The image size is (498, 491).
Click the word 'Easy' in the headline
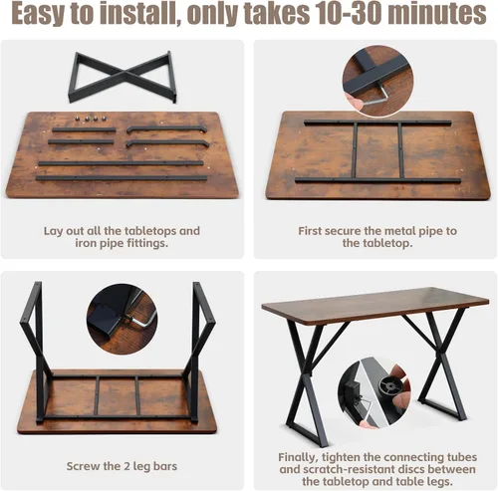pyautogui.click(x=36, y=15)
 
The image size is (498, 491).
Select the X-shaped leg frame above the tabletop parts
pyautogui.click(x=122, y=77)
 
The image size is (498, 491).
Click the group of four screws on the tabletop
pyautogui.click(x=91, y=119)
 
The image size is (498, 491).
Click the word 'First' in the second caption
pyautogui.click(x=312, y=231)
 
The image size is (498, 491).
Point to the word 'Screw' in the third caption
pyautogui.click(x=83, y=466)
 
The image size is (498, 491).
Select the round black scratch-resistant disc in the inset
pyautogui.click(x=391, y=387)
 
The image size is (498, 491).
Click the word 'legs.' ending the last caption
pyautogui.click(x=439, y=481)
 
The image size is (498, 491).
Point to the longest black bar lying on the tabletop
pyautogui.click(x=122, y=178)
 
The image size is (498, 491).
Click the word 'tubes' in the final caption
pyautogui.click(x=462, y=457)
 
